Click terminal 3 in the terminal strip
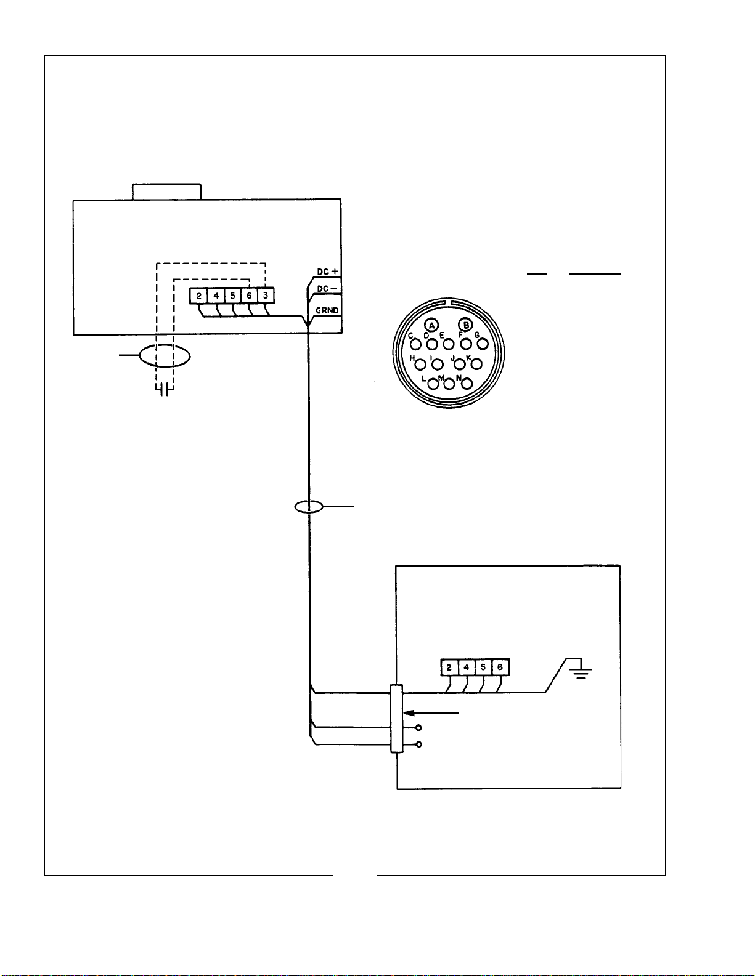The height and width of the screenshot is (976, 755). coord(266,296)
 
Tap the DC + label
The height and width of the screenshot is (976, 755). coord(328,272)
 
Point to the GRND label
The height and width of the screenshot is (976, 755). coord(327,310)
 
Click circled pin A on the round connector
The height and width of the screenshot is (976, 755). coord(431,325)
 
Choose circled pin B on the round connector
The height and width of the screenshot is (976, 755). coord(465,325)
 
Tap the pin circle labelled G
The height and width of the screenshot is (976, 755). coord(483,344)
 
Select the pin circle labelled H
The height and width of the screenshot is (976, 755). coord(420,365)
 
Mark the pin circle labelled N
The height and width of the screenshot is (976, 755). coord(467,384)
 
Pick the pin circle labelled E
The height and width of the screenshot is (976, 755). coord(449,344)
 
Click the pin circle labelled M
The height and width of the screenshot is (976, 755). coord(449,384)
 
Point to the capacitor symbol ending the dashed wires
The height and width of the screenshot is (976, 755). coord(165,390)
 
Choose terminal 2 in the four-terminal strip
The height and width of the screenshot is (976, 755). coord(449,667)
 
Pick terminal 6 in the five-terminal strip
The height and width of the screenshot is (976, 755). coord(249,296)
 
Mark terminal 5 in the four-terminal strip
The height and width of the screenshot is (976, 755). coord(483,667)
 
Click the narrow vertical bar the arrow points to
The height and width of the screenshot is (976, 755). coord(396,719)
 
